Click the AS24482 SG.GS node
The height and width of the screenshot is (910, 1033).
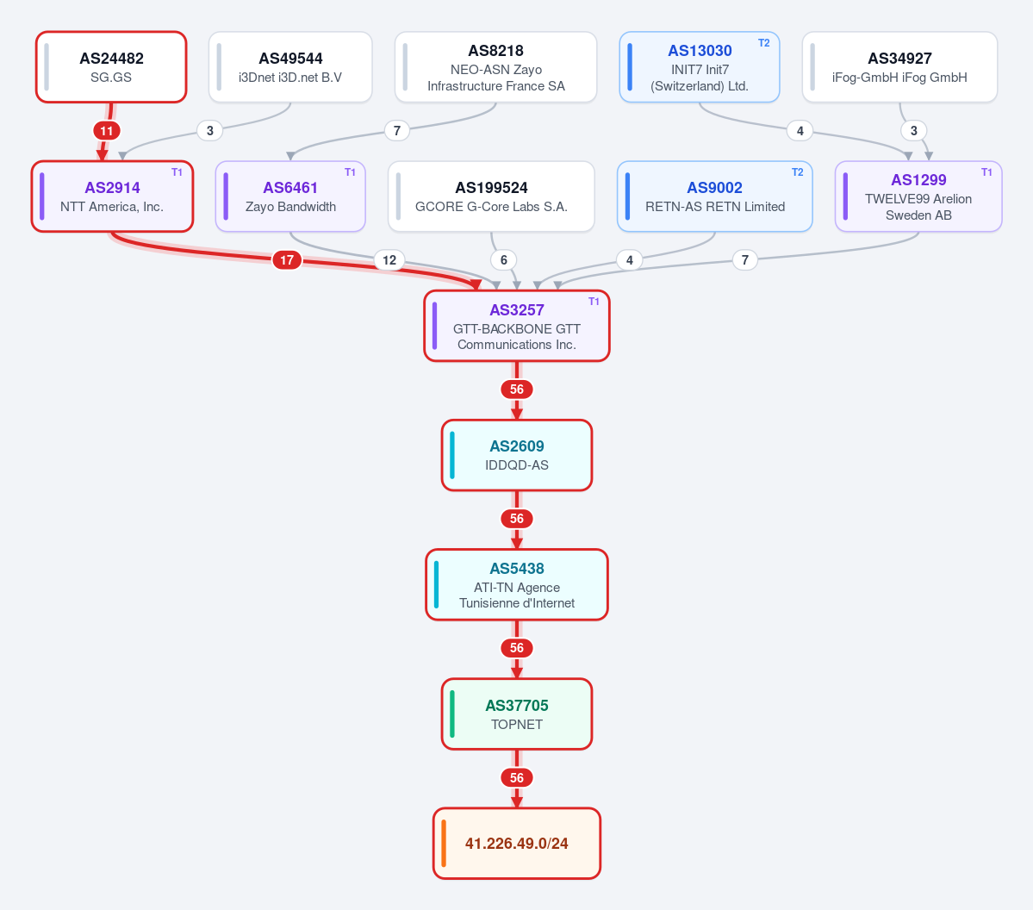tap(111, 67)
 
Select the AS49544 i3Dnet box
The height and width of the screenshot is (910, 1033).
tap(290, 67)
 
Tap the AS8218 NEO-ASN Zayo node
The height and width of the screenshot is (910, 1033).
tap(496, 67)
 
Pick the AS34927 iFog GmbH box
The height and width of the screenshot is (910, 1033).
tap(900, 67)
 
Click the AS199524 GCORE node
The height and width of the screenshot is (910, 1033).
tap(491, 196)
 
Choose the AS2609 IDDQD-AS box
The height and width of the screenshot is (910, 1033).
tap(517, 455)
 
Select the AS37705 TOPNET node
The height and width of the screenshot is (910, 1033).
tap(517, 714)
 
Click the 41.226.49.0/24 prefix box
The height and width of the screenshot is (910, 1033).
tap(517, 844)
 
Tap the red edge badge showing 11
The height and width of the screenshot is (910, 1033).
tap(107, 130)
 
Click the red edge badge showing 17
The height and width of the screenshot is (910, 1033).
tap(287, 260)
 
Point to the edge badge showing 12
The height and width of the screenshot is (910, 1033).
tap(389, 260)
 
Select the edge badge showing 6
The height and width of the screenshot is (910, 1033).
tap(504, 260)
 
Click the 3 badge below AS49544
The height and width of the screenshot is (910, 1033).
tap(210, 130)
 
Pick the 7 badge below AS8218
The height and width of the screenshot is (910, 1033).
tap(397, 130)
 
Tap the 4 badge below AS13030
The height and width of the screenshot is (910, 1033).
tap(800, 130)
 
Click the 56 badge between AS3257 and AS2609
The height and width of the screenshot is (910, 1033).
tap(517, 390)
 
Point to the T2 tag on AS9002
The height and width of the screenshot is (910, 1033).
tap(797, 172)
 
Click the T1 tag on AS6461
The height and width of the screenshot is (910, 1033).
tap(350, 172)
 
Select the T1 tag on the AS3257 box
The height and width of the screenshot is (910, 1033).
tap(594, 301)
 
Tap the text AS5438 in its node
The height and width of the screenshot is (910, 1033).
tap(517, 569)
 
